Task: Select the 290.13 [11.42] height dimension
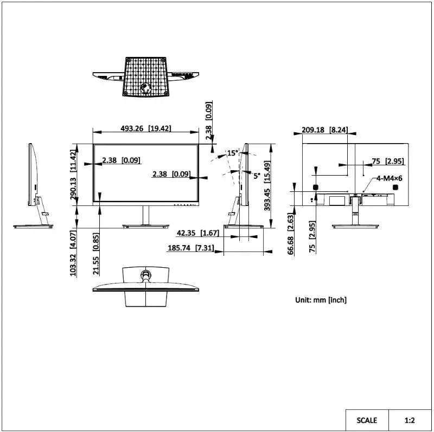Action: pyautogui.click(x=73, y=175)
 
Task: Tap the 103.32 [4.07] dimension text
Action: pyautogui.click(x=73, y=253)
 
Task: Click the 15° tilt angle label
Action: pyautogui.click(x=232, y=153)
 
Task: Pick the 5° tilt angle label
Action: pyautogui.click(x=257, y=176)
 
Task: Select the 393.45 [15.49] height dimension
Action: pyautogui.click(x=266, y=185)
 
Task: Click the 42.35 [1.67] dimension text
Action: pyautogui.click(x=197, y=233)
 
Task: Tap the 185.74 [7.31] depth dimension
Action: pyautogui.click(x=190, y=248)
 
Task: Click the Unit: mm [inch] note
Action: pyautogui.click(x=321, y=300)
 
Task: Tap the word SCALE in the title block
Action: pyautogui.click(x=367, y=420)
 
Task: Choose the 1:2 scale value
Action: pyautogui.click(x=410, y=420)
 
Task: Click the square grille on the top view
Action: pyautogui.click(x=145, y=76)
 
